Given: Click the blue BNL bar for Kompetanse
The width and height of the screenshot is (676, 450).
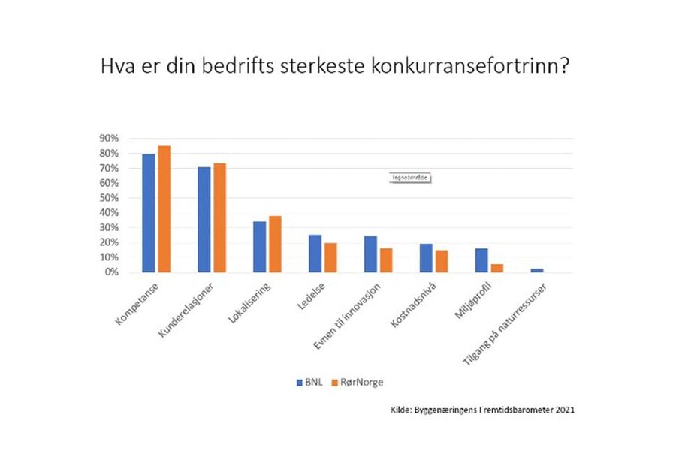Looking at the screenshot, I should tap(149, 213).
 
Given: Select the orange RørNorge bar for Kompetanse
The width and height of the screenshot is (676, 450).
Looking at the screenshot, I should tap(164, 209).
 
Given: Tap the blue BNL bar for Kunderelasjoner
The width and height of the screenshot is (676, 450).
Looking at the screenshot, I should tap(204, 220).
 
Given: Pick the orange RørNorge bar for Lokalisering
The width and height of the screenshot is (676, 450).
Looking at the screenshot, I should tap(276, 244).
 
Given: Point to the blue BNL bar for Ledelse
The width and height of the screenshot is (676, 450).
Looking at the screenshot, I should tap(315, 253).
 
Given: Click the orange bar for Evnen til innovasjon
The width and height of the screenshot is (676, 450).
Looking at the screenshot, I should tap(386, 259).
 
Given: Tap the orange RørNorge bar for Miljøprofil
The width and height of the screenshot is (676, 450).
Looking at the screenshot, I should tap(496, 268).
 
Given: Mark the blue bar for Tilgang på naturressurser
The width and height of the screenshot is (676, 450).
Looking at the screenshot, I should tap(536, 270).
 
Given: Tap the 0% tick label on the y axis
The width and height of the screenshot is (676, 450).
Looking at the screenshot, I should tap(111, 272).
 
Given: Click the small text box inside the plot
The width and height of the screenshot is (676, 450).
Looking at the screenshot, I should tap(412, 178).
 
